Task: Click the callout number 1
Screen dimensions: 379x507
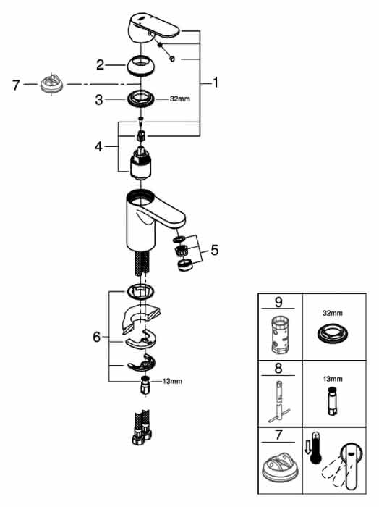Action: [216, 83]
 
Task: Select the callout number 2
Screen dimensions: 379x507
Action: [100, 64]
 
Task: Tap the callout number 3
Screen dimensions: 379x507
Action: [99, 100]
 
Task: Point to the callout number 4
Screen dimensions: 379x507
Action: [98, 147]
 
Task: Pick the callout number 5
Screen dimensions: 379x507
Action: [214, 250]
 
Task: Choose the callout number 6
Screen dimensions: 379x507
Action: [96, 338]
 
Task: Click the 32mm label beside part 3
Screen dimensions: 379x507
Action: [180, 99]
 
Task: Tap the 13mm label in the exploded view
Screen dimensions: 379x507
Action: [172, 381]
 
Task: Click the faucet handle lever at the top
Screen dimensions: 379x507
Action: [153, 28]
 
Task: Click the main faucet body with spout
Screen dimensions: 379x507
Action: [152, 220]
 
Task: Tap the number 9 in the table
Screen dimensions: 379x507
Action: [278, 302]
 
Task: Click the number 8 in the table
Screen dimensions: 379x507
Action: [278, 369]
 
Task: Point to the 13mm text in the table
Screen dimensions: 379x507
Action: [333, 379]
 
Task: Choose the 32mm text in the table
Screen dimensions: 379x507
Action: [333, 313]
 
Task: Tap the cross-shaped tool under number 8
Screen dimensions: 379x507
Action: [278, 401]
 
